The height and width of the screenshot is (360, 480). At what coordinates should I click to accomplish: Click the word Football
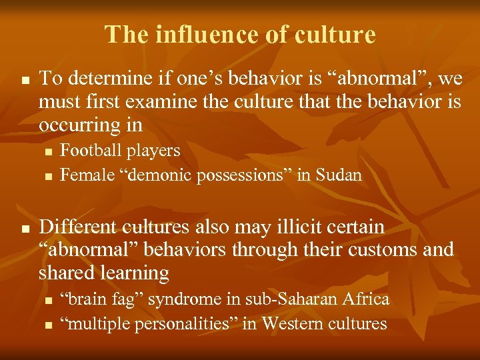(x=89, y=151)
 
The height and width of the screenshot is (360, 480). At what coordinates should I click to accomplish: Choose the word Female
(x=85, y=175)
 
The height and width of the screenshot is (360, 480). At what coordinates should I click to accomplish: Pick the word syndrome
(x=177, y=299)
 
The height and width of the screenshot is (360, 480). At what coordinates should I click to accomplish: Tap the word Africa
(x=366, y=299)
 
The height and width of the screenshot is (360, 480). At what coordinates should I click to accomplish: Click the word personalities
(x=179, y=324)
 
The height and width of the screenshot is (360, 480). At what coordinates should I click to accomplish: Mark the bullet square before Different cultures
(x=25, y=228)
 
